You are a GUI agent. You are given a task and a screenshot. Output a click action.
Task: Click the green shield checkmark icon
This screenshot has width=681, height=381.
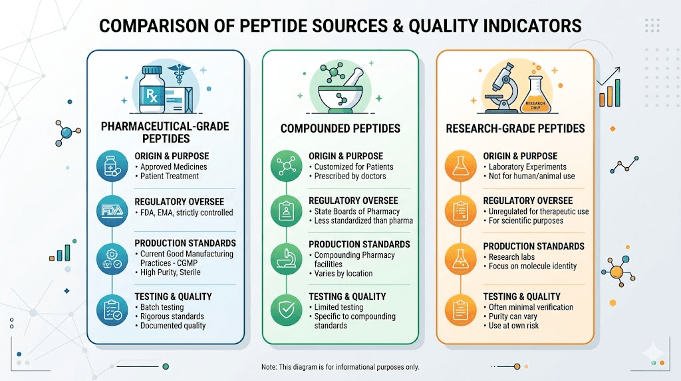coord(283,309)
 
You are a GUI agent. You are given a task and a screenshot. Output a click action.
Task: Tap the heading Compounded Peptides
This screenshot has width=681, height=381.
coord(340,128)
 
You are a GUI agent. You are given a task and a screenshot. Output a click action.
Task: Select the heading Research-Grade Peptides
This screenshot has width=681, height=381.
coord(515,128)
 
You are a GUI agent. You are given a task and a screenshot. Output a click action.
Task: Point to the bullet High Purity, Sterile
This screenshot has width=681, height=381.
coord(170,272)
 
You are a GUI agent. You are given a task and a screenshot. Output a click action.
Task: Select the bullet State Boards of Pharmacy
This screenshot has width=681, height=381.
coord(357,211)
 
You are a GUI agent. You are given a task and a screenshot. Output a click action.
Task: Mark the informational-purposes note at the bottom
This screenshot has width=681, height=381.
coord(340,367)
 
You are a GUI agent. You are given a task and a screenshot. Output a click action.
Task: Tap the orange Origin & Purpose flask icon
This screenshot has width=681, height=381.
coord(458,166)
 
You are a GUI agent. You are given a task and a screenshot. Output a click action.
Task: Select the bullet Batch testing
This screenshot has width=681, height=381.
coord(163,307)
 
